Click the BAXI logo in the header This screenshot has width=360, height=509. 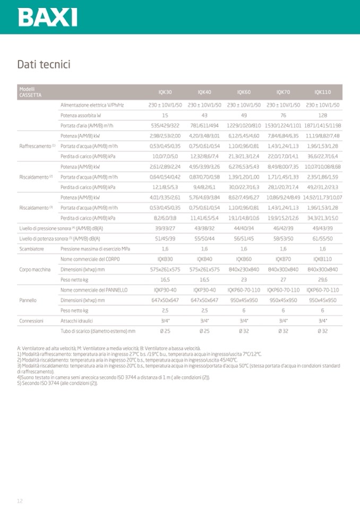click(48, 17)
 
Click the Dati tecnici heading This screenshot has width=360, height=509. click(44, 65)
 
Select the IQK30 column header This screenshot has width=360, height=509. click(165, 92)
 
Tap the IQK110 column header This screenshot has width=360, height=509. click(322, 92)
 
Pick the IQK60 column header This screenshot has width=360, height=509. click(244, 92)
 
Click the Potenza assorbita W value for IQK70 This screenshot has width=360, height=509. click(283, 115)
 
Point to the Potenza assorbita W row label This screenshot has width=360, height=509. click(81, 115)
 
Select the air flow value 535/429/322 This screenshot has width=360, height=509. click(165, 125)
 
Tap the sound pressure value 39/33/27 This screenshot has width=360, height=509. click(165, 228)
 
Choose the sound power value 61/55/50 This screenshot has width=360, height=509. click(322, 238)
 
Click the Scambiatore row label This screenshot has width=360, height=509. click(31, 248)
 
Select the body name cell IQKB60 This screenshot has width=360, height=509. click(244, 259)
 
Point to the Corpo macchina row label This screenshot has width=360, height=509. click(35, 269)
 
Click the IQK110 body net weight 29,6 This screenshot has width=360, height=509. click(322, 279)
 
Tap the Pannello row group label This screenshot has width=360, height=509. click(28, 300)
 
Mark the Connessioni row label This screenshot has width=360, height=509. click(31, 321)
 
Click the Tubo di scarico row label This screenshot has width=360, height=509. click(98, 331)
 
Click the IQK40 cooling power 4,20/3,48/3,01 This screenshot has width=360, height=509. click(204, 136)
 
